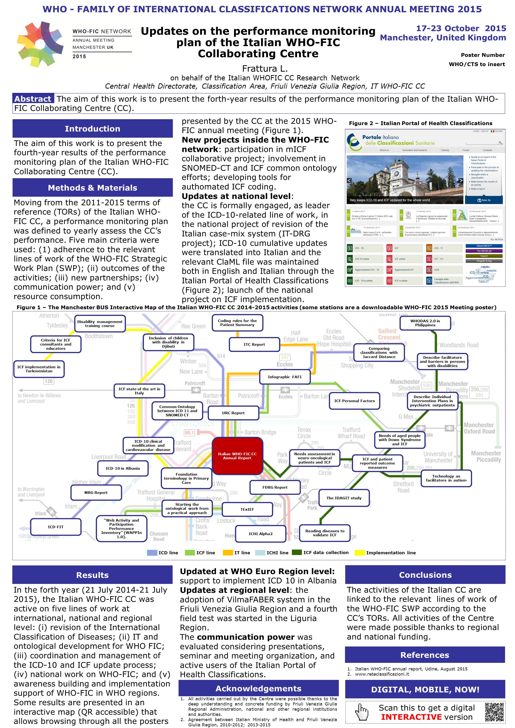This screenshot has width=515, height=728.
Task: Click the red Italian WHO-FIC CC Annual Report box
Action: (237, 456)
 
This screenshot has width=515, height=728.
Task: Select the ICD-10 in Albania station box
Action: (123, 468)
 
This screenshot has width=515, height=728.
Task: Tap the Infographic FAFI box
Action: (285, 377)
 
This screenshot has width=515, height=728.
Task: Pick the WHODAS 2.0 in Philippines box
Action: (425, 323)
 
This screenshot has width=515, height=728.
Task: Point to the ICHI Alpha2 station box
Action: (261, 534)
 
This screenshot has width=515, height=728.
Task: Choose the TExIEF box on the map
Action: (247, 509)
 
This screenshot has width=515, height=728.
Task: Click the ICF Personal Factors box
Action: (354, 401)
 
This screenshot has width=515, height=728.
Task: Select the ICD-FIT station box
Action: (55, 527)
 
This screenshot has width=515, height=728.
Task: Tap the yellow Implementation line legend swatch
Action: (359, 553)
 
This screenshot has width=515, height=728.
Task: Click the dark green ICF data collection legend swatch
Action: (297, 552)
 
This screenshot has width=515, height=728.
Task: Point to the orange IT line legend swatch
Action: (228, 553)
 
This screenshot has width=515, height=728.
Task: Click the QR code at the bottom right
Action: (494, 712)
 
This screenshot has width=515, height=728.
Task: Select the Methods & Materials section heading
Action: (92, 188)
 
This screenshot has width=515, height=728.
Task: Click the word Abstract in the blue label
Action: (33, 99)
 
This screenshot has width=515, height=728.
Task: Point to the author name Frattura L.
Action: (265, 68)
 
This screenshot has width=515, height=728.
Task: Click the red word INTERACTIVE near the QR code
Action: (411, 717)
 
